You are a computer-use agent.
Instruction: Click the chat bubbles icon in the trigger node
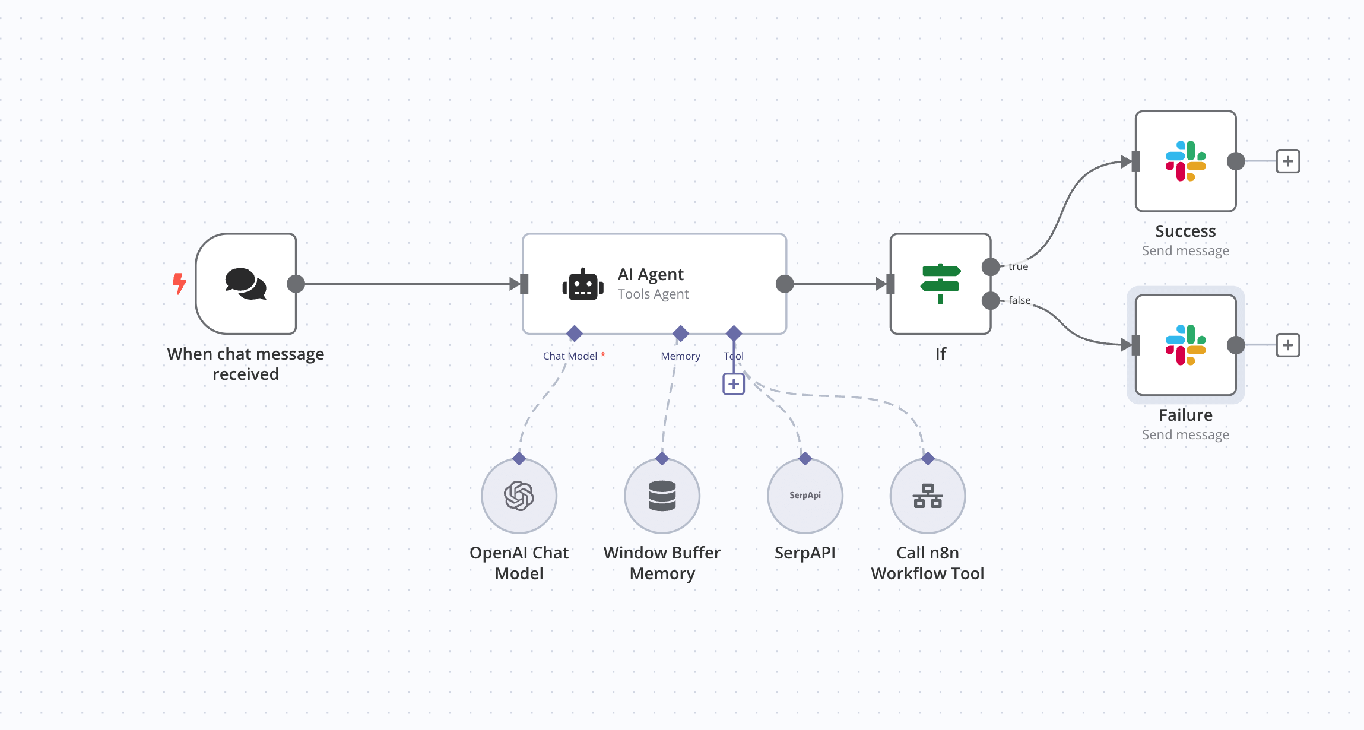[246, 284]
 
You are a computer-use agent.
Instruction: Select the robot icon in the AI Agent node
[583, 285]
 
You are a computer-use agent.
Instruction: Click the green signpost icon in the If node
[941, 284]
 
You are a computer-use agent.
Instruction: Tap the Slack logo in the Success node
[1185, 161]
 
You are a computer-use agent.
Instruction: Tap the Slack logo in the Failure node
[1185, 345]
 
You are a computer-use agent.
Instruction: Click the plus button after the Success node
[1288, 161]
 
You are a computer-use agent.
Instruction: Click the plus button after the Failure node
[1288, 345]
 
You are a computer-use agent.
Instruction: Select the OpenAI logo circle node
[519, 496]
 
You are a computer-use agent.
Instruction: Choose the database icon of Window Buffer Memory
[662, 496]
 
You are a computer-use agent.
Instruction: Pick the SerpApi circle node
[805, 496]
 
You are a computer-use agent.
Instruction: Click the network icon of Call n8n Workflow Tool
[928, 496]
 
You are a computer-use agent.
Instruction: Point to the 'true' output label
[1018, 267]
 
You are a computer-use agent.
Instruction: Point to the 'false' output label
[1019, 300]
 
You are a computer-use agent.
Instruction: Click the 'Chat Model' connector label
[570, 356]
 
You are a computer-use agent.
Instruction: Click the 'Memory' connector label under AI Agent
[680, 356]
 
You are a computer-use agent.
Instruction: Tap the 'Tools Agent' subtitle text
[653, 294]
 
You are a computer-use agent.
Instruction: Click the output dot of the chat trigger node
[296, 284]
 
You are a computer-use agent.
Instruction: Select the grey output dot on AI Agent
[785, 284]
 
